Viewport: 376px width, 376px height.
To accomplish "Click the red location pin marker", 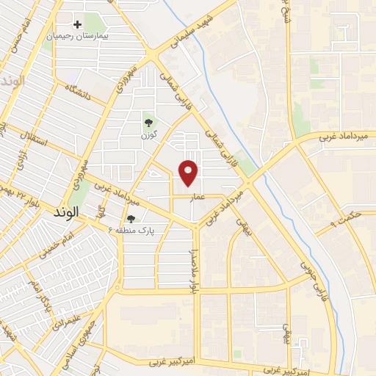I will (x=189, y=173).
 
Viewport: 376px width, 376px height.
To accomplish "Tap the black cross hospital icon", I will (x=77, y=24).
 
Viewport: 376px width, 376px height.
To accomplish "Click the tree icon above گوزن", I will (x=149, y=123).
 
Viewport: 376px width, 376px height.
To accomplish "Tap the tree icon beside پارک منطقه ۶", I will (x=131, y=219).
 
